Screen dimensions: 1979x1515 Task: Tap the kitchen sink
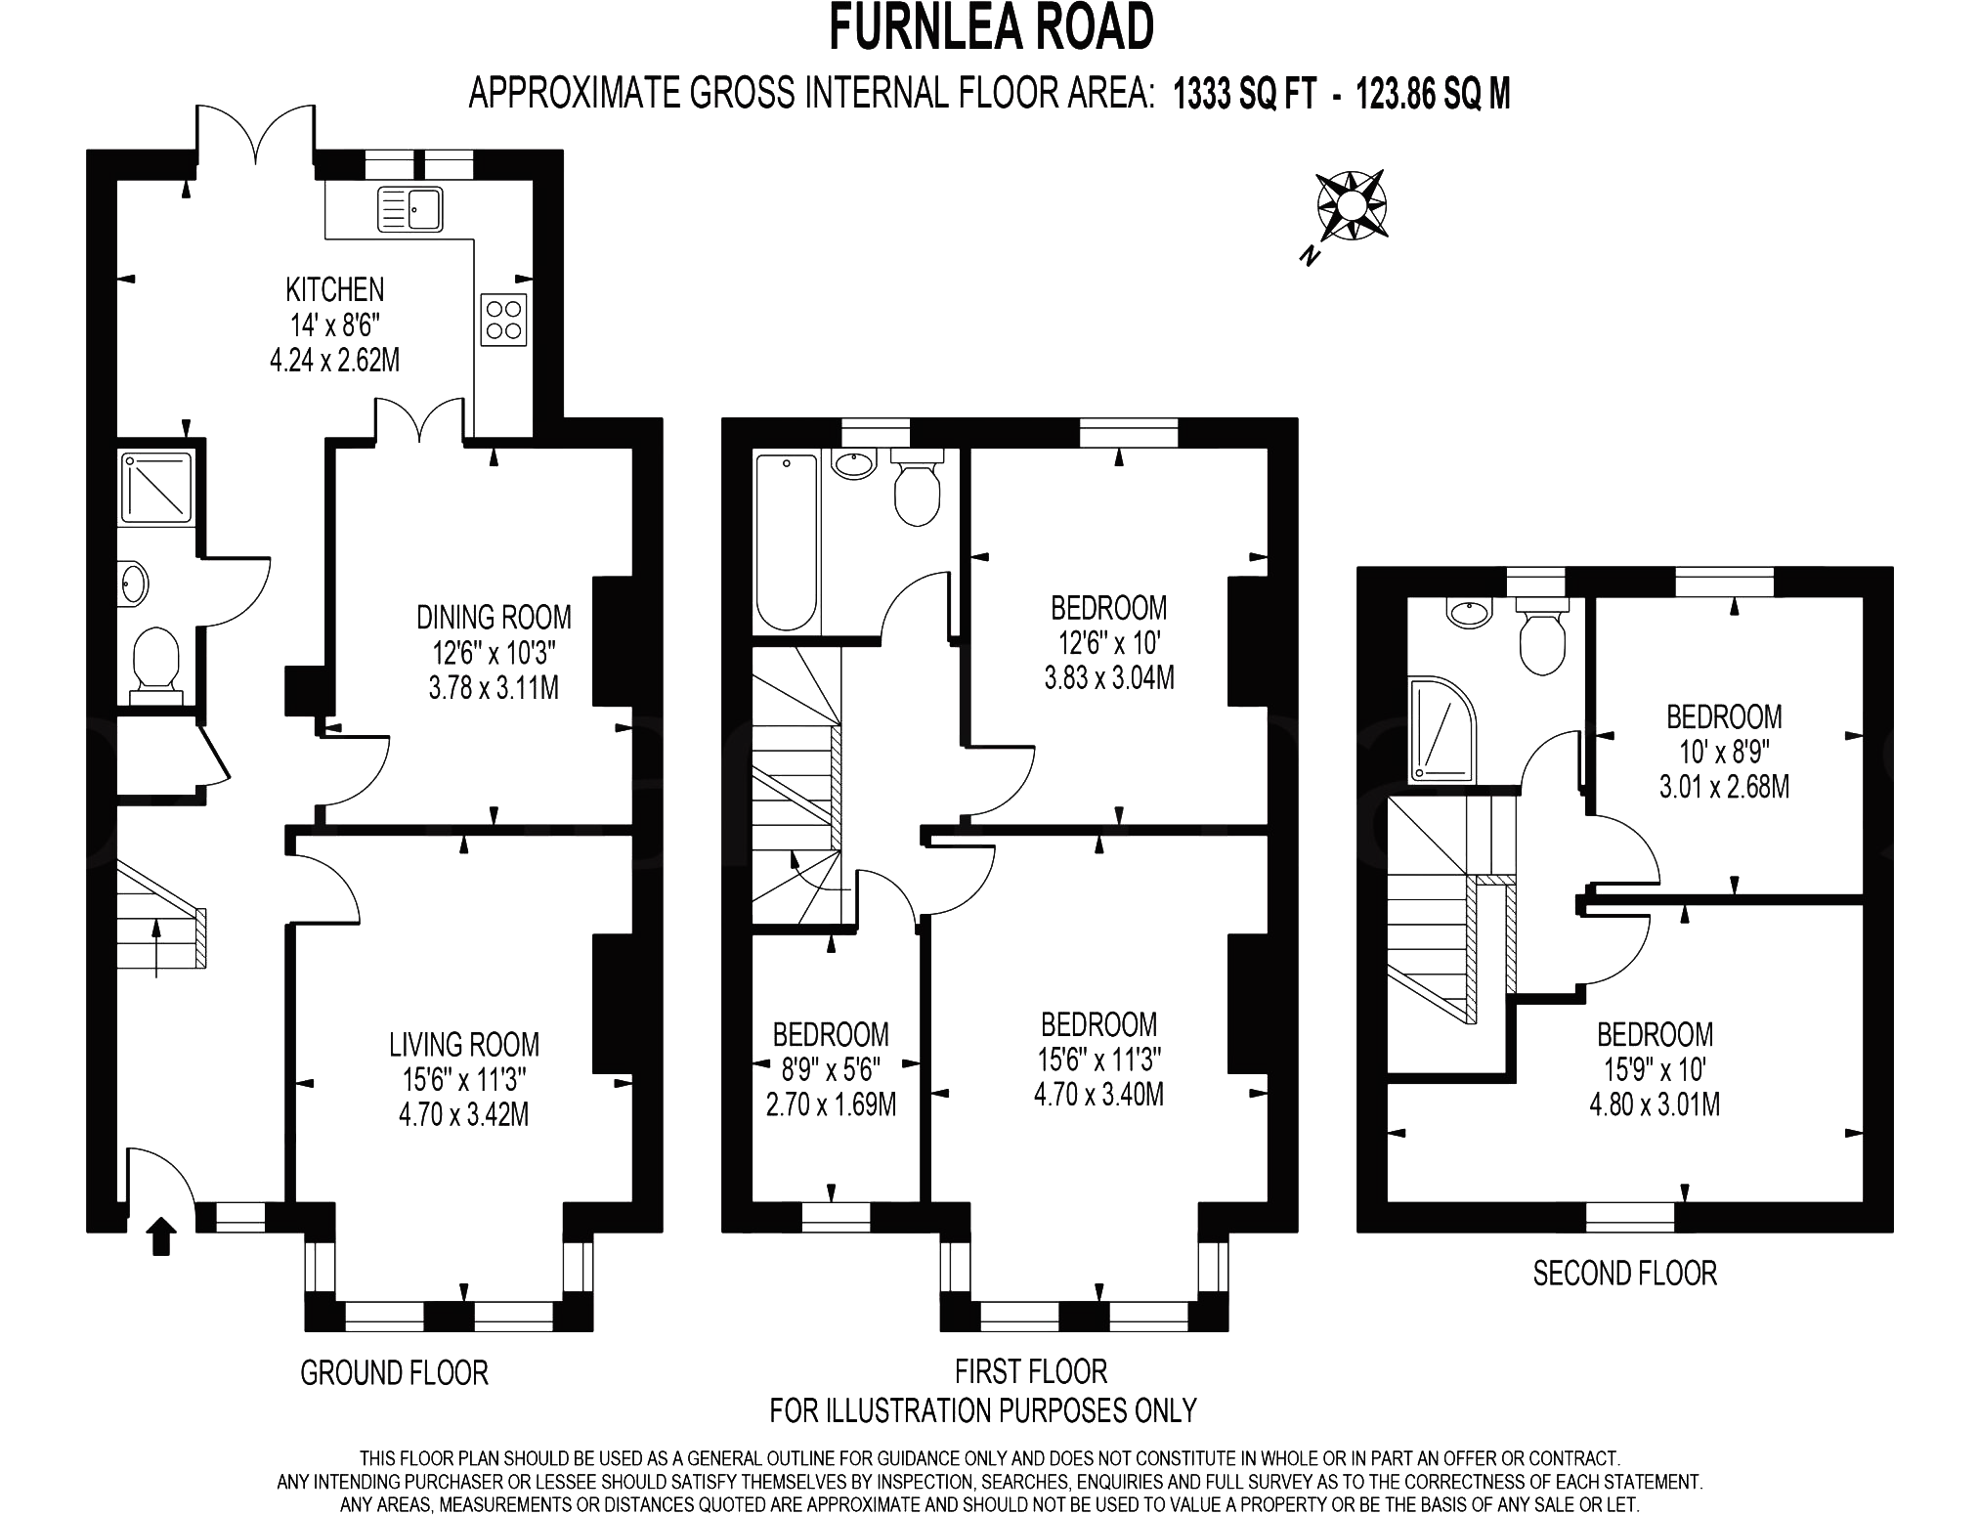coord(410,208)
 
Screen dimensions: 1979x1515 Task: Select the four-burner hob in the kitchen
coord(504,319)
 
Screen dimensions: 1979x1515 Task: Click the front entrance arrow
coord(161,1235)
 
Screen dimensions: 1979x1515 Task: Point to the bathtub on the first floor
coord(787,542)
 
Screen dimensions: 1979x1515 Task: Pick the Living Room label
coord(464,1045)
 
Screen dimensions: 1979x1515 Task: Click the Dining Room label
coord(495,617)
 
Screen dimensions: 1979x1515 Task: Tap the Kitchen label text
coord(335,289)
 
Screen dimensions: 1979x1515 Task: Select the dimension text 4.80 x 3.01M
coord(1656,1104)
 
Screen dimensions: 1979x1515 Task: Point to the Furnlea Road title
coord(992,27)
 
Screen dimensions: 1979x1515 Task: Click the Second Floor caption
coord(1625,1274)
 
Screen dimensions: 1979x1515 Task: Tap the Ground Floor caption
coord(394,1373)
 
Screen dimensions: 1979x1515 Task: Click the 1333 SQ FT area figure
coord(1244,95)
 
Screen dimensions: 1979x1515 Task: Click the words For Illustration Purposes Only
coord(983,1410)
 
